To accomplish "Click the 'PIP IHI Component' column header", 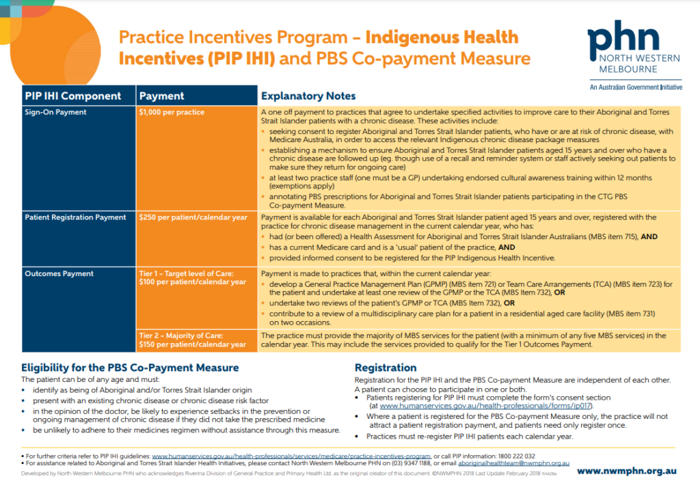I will click(73, 96).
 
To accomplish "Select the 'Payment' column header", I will click(162, 96).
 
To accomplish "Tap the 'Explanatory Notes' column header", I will click(308, 96).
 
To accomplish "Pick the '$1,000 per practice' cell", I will click(172, 112).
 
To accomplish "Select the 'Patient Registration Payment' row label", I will click(76, 217).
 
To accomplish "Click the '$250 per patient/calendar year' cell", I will click(193, 217).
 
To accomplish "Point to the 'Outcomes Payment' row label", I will click(59, 273).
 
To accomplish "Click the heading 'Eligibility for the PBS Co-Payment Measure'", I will click(130, 367).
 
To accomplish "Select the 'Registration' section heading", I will click(385, 367).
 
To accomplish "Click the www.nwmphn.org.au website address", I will click(628, 471).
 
